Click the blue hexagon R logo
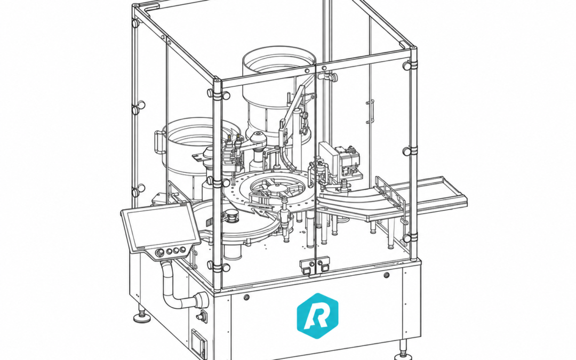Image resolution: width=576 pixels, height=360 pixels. coord(317,316)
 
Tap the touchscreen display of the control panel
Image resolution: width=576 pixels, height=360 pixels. coord(160,226)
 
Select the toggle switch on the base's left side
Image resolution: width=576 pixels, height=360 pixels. coord(201,316)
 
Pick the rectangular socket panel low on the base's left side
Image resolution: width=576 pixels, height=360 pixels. coord(199,343)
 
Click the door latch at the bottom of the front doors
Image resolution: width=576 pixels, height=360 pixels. coord(315,266)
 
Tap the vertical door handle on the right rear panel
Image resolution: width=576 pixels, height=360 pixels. coord(371,111)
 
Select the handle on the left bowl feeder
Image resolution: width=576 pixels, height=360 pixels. coord(158,142)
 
